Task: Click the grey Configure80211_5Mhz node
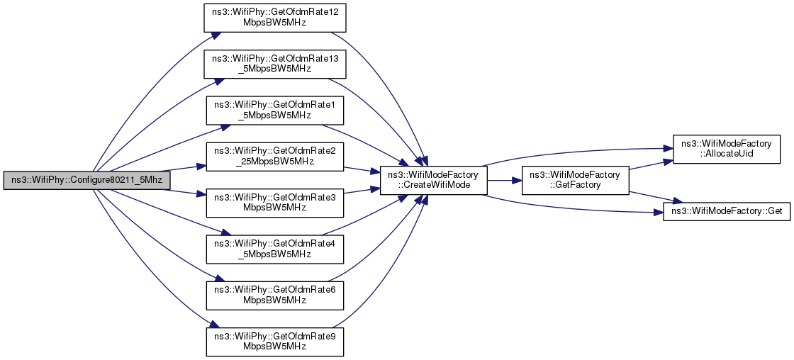(x=86, y=181)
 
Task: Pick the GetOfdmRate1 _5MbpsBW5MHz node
(x=274, y=111)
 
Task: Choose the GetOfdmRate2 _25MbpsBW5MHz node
(x=274, y=157)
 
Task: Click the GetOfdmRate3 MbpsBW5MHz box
(x=274, y=203)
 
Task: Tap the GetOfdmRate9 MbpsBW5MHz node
(x=274, y=342)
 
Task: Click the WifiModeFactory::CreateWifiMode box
(x=433, y=180)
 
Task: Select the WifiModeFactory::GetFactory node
(x=575, y=180)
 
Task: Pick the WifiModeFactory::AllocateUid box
(x=726, y=150)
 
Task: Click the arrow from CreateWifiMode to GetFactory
(x=504, y=180)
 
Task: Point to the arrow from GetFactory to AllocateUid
(x=650, y=164)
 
